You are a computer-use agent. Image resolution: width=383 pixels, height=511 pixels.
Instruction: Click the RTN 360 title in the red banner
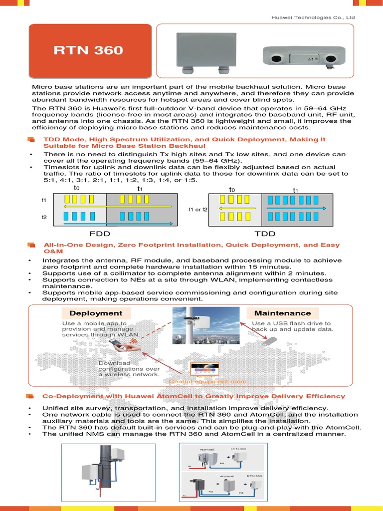(x=88, y=51)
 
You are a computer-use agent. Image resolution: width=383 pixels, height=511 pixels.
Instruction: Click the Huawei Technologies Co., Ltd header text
(x=313, y=17)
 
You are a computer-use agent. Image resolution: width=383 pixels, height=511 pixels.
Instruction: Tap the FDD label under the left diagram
(x=100, y=234)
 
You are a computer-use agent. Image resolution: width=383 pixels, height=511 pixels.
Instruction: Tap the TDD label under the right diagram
(x=264, y=234)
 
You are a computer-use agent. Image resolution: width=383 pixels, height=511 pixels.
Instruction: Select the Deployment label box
(x=96, y=313)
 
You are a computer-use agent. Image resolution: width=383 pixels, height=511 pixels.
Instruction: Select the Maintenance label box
(x=282, y=313)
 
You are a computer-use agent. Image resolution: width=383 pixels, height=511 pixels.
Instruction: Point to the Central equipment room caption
(x=207, y=382)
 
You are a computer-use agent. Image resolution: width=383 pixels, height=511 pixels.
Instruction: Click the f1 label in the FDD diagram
(x=44, y=200)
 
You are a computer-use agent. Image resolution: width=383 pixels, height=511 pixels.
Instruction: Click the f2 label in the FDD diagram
(x=44, y=218)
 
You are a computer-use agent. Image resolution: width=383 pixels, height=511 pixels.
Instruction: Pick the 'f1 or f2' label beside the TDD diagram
(x=198, y=210)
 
